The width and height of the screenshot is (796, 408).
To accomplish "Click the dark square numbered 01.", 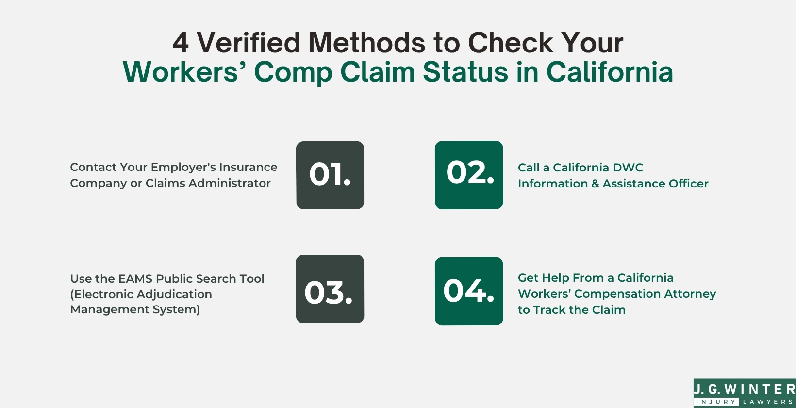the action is [330, 175].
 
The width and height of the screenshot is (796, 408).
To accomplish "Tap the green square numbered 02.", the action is [469, 175].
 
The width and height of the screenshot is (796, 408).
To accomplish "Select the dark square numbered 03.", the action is [330, 289].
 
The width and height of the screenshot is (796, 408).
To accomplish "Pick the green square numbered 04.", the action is [469, 291].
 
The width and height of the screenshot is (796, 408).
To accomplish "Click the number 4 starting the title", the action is [181, 43].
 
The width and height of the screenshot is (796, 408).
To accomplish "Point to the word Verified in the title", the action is [249, 42].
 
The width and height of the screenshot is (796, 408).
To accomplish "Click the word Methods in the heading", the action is [366, 42].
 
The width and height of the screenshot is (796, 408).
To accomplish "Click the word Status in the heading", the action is [465, 72].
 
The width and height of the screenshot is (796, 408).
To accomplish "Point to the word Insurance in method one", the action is [248, 167].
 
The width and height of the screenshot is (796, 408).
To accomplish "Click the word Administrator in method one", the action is [230, 183].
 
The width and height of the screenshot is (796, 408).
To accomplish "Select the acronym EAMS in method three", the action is [135, 278].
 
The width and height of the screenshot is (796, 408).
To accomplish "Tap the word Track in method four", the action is [549, 310].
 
